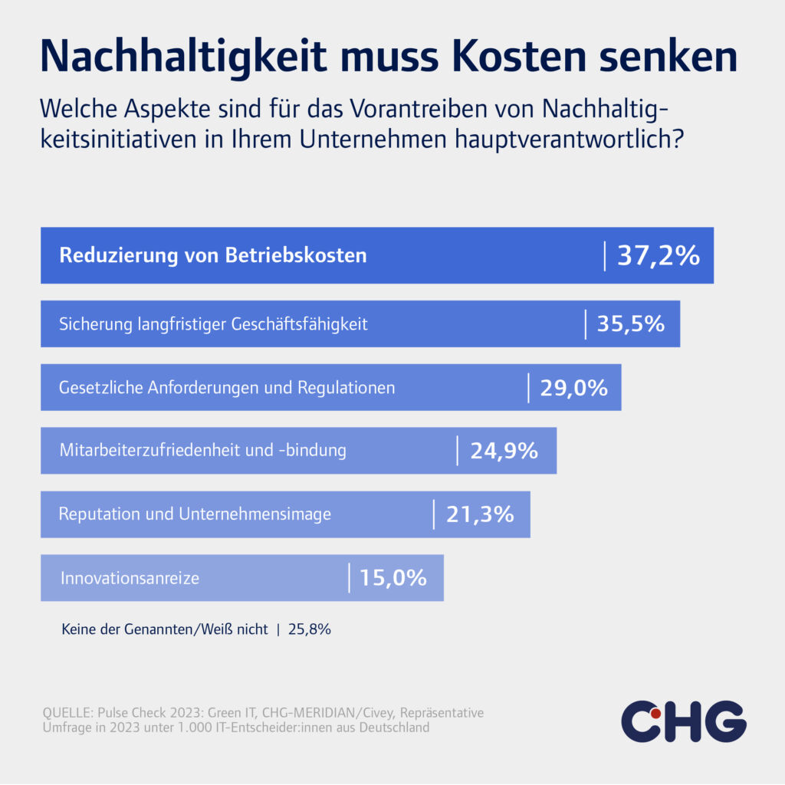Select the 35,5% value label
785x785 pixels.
(630, 324)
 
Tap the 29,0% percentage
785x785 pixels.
(573, 388)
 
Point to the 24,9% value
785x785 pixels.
(504, 451)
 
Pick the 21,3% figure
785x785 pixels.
(479, 514)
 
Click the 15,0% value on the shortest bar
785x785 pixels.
(392, 577)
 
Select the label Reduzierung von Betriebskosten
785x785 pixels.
(213, 255)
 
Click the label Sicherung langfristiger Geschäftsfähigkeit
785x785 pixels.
(213, 324)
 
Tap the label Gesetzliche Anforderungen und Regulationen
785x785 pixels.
(227, 388)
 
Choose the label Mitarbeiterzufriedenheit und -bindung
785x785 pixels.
(202, 451)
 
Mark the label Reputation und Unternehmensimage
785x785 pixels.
(195, 514)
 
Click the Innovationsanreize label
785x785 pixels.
(130, 578)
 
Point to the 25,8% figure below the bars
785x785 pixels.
(309, 629)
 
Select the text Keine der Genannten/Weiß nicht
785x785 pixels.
(164, 629)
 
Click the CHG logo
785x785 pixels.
(683, 721)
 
